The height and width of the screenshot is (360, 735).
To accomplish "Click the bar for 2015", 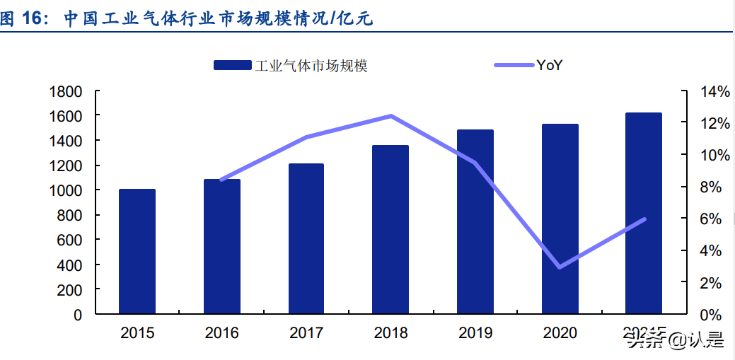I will pos(137,251).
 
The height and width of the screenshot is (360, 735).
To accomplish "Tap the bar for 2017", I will pos(306,238).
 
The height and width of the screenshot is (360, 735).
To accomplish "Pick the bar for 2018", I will pos(390,229).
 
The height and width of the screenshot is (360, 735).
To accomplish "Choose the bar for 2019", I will pos(475,221).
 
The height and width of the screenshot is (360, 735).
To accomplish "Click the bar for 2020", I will pos(560,219).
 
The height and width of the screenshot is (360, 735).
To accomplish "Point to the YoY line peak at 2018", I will pos(390,116).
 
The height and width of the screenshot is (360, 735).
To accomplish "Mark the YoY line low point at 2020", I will pos(560,267).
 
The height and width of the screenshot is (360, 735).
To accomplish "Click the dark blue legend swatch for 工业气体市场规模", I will pos(232,66).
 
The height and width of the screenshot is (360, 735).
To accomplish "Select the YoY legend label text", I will pos(549,66).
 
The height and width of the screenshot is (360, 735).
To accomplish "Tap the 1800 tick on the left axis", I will pos(66,91).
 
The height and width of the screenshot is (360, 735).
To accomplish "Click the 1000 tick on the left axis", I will pos(66,190).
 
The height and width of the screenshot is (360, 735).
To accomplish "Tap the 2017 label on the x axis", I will pos(306,332).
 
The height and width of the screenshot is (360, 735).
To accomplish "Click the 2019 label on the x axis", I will pos(475,332).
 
